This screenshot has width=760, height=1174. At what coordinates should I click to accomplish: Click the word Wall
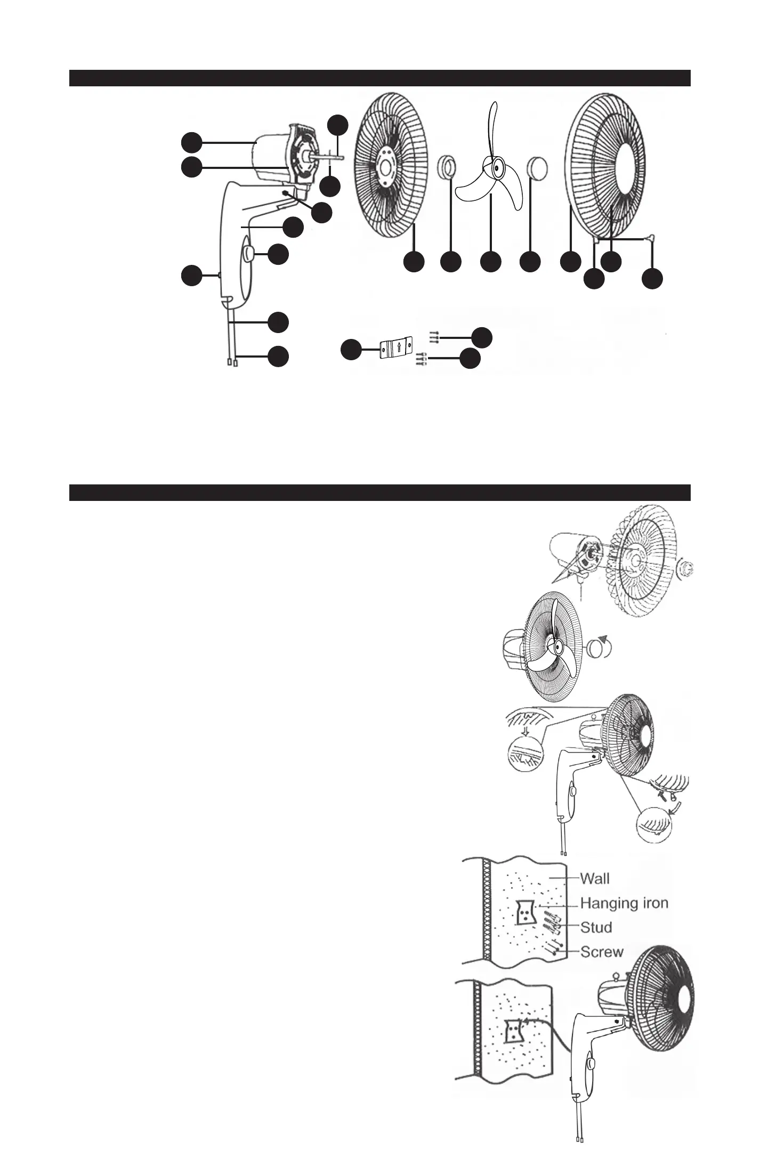pyautogui.click(x=594, y=878)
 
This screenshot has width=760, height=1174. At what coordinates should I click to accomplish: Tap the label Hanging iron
pyautogui.click(x=624, y=903)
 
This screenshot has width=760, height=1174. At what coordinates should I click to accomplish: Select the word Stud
pyautogui.click(x=596, y=927)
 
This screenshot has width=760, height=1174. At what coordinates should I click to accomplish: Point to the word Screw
pyautogui.click(x=602, y=951)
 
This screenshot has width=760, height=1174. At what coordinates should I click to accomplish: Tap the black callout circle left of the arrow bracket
pyautogui.click(x=351, y=350)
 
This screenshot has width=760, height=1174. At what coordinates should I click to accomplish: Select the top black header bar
pyautogui.click(x=379, y=78)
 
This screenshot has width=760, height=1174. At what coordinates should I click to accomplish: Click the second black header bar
pyautogui.click(x=379, y=492)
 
